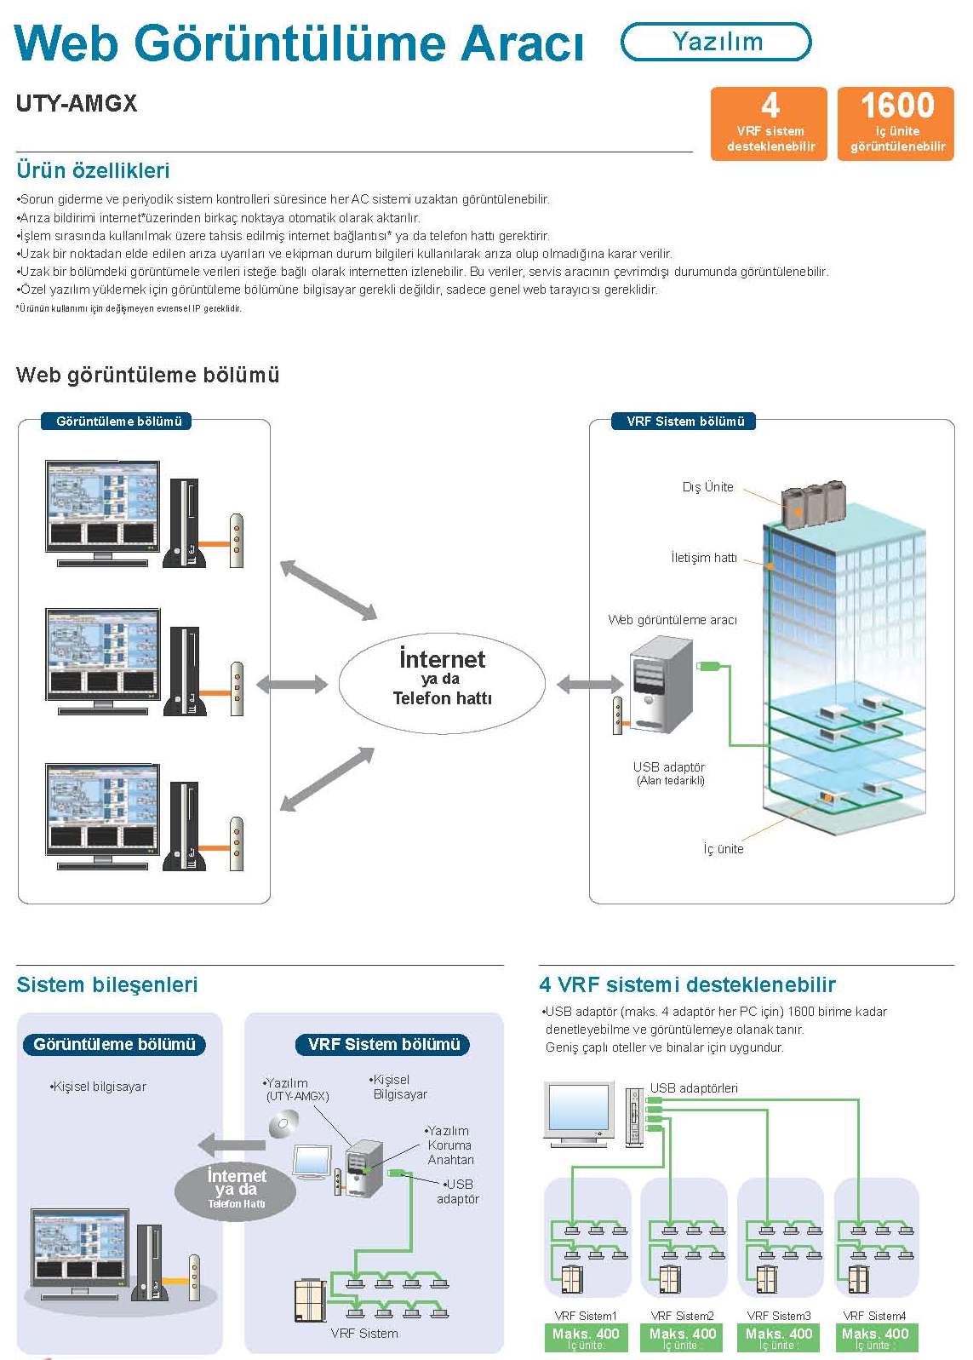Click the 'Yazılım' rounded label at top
716,42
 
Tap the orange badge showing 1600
896,123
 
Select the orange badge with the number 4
770,123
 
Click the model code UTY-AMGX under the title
77,104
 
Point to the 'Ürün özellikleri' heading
93,170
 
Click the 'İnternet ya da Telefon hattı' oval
442,679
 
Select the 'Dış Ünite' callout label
707,487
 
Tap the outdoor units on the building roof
813,503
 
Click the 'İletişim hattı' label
703,558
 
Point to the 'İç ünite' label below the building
723,849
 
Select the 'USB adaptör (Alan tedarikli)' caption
670,773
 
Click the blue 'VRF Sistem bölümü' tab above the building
685,422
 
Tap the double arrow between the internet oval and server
589,684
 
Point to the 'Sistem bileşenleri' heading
107,985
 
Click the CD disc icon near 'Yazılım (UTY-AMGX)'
283,1126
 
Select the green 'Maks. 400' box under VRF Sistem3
779,1337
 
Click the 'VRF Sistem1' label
586,1316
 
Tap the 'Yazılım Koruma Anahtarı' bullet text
449,1145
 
